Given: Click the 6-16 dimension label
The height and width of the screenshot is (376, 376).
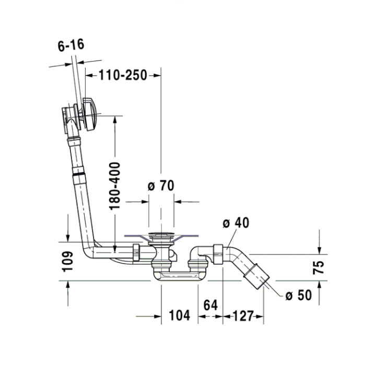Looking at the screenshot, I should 70,45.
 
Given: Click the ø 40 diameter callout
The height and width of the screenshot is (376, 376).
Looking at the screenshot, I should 236,223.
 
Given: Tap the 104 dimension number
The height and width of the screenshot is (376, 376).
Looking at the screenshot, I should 179,315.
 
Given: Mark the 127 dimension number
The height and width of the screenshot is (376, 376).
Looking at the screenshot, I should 243,315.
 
